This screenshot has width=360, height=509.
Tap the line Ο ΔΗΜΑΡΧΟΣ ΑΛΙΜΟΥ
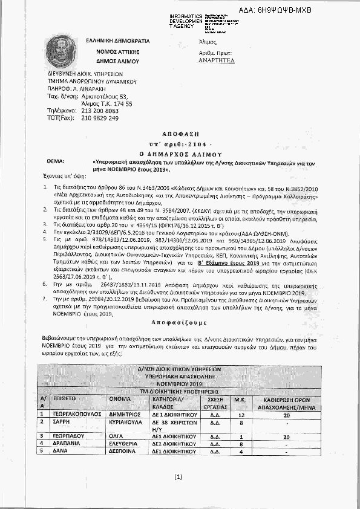click(x=180, y=146)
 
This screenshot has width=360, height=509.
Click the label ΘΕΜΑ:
click(x=55, y=155)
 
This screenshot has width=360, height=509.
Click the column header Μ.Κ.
click(x=241, y=399)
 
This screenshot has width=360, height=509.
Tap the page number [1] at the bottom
click(x=178, y=478)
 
